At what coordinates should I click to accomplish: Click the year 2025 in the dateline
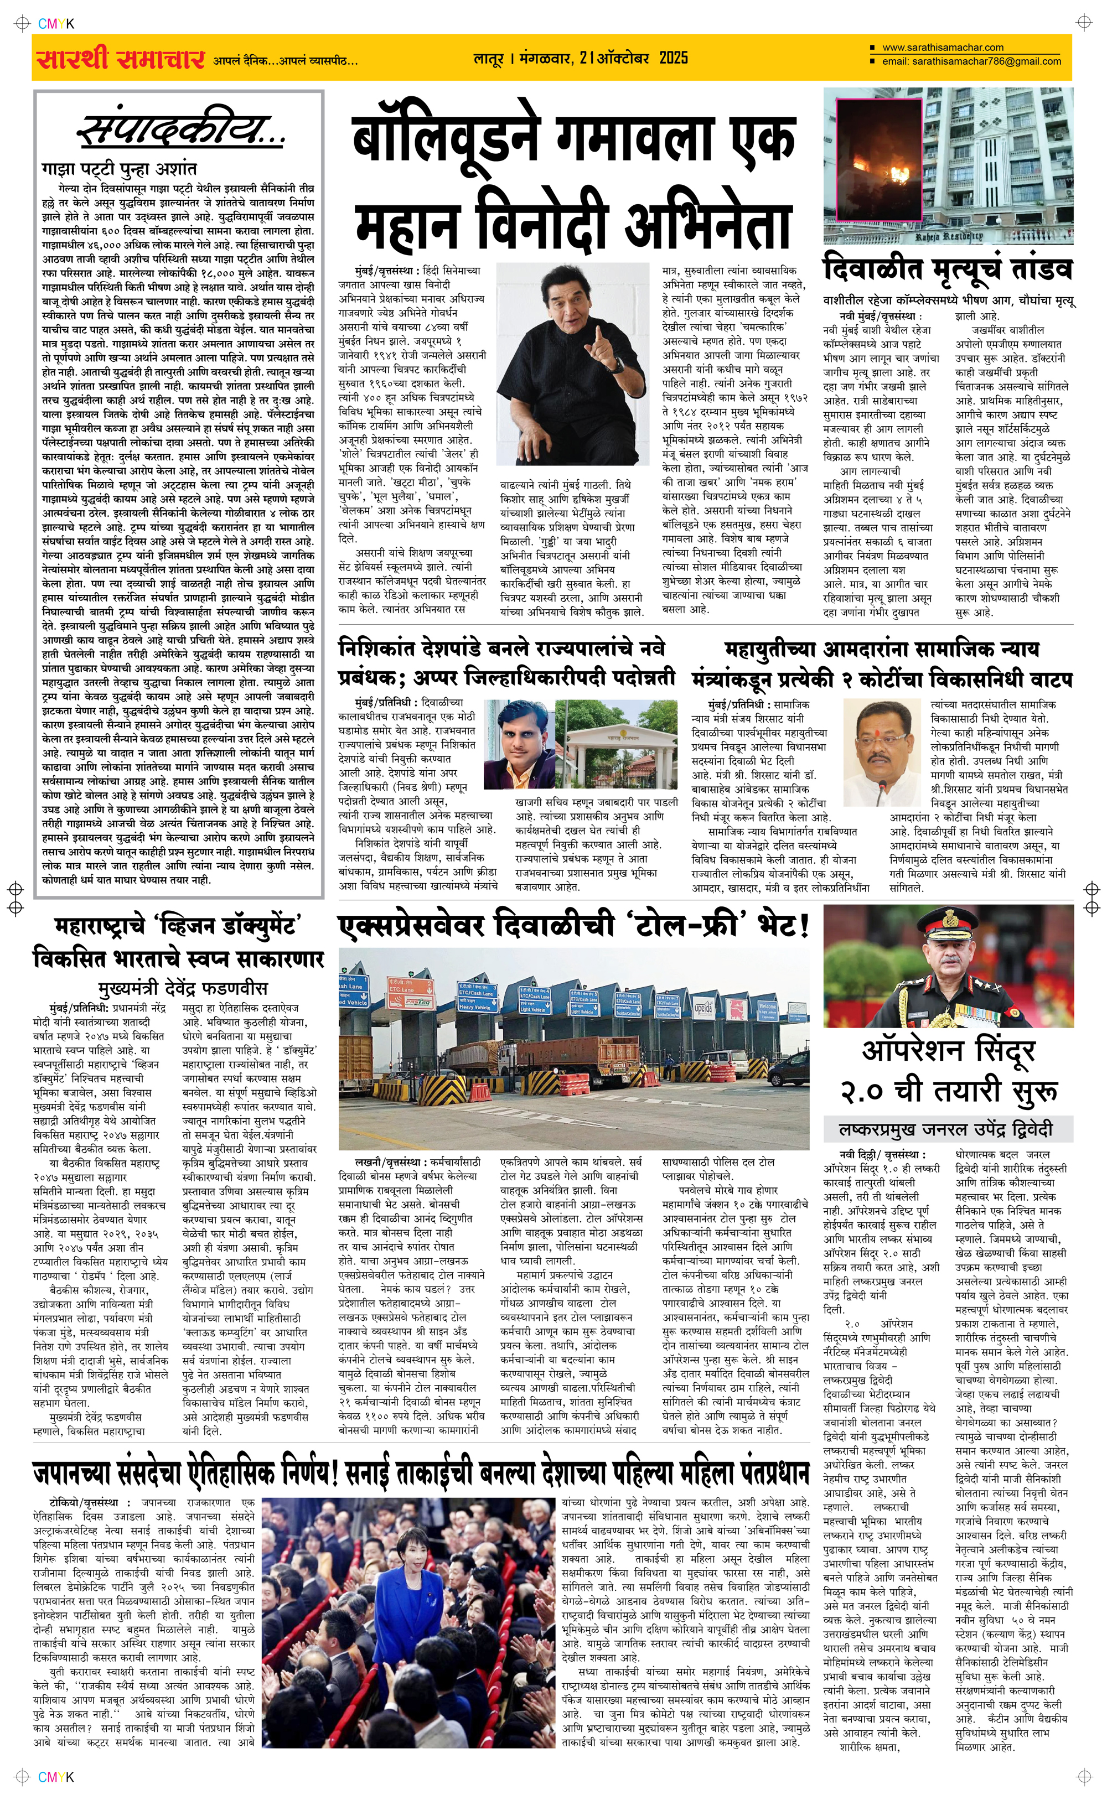coord(673,58)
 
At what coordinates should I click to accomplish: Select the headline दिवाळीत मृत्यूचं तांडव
coord(948,269)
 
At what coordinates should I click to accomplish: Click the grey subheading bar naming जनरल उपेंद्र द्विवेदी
coord(948,1129)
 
